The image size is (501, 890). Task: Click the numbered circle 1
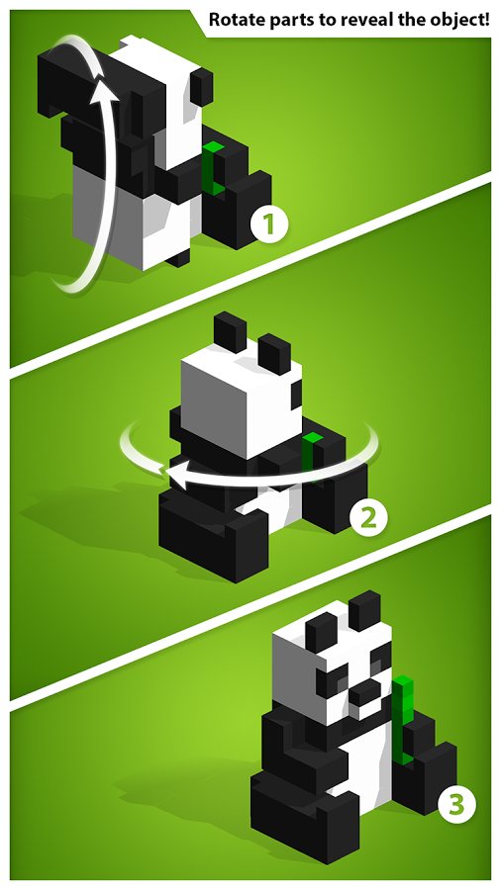(270, 224)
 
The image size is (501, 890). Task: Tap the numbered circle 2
(368, 516)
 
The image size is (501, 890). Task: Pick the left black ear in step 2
(230, 332)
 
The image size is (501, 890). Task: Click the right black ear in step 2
(274, 354)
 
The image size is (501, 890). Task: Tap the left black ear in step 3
(322, 632)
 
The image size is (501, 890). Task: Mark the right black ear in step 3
(365, 611)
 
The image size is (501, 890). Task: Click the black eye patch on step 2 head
(296, 395)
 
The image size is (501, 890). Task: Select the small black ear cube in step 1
(202, 87)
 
